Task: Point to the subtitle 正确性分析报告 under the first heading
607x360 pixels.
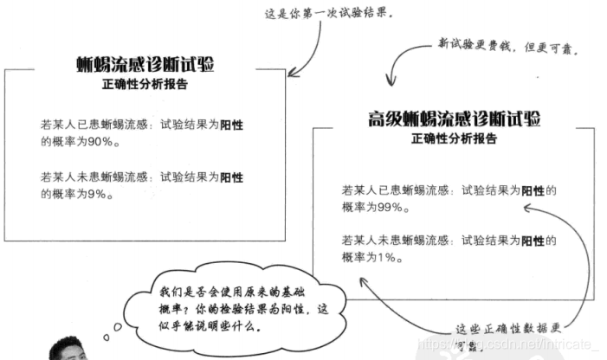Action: click(x=144, y=86)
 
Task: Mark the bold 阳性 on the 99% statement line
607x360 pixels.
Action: click(x=533, y=191)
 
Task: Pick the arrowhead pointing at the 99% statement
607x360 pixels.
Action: click(x=527, y=207)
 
